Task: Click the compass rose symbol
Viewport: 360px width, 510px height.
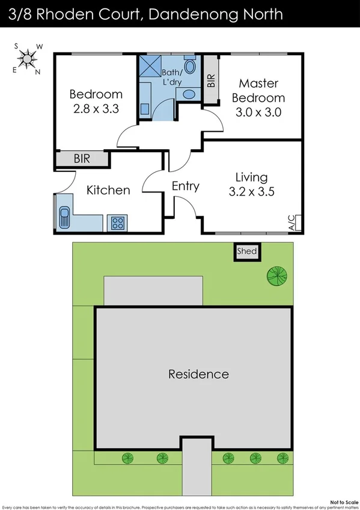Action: click(27, 58)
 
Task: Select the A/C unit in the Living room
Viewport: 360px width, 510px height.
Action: click(294, 223)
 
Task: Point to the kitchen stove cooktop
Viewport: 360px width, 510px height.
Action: click(117, 223)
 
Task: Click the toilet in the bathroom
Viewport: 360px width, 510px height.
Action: click(190, 66)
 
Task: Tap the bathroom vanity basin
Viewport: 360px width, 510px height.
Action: click(188, 94)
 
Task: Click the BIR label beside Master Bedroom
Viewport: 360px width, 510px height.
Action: click(210, 81)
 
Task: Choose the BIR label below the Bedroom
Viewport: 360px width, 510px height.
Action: click(82, 159)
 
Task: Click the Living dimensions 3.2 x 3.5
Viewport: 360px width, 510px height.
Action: click(251, 192)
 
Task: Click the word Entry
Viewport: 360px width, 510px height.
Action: click(185, 186)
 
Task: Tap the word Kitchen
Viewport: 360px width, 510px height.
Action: click(108, 190)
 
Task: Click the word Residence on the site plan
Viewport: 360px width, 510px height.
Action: click(198, 374)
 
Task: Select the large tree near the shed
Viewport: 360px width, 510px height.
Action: click(277, 276)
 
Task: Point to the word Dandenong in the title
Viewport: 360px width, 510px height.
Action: click(195, 13)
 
